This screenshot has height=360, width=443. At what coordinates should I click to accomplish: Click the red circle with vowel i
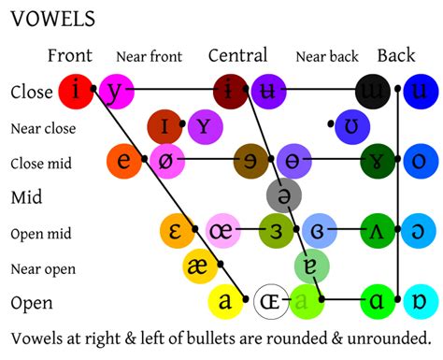76,91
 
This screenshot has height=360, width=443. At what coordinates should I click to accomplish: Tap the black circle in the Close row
374,91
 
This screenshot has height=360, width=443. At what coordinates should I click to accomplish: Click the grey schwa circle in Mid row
283,195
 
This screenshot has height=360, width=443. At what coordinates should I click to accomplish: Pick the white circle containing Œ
271,302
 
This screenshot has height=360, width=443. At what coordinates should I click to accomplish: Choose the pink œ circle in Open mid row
224,231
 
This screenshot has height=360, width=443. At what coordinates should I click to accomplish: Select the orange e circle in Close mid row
124,161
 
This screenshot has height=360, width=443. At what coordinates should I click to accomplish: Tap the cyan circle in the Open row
418,302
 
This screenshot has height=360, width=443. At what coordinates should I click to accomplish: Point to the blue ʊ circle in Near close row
351,125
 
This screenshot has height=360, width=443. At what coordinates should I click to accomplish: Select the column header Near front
149,57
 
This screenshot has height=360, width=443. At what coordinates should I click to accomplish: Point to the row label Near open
43,269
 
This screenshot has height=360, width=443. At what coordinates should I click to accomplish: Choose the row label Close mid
41,163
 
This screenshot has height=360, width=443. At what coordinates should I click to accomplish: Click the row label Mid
26,197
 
